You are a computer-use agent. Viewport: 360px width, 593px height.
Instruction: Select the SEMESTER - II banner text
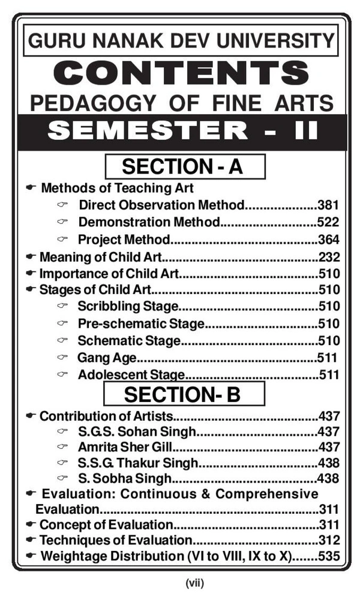(x=180, y=130)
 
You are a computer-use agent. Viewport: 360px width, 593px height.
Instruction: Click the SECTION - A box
(x=184, y=166)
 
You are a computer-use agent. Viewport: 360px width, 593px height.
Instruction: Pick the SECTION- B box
(x=184, y=394)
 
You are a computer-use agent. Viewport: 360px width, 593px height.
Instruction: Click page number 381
(x=329, y=205)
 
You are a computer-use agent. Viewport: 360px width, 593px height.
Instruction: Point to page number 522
(x=329, y=222)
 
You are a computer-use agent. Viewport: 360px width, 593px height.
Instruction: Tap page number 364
(x=329, y=240)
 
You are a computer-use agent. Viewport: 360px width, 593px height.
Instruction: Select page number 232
(x=329, y=257)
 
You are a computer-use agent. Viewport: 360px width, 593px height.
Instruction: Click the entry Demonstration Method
(x=149, y=222)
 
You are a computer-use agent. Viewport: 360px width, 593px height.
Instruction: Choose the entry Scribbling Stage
(x=128, y=307)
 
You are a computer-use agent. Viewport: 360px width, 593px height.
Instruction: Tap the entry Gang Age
(x=107, y=359)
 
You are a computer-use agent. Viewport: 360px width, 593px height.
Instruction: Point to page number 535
(x=329, y=556)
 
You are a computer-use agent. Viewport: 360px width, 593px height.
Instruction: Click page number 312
(x=329, y=540)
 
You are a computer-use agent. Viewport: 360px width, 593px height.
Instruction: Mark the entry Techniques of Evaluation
(x=115, y=540)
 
